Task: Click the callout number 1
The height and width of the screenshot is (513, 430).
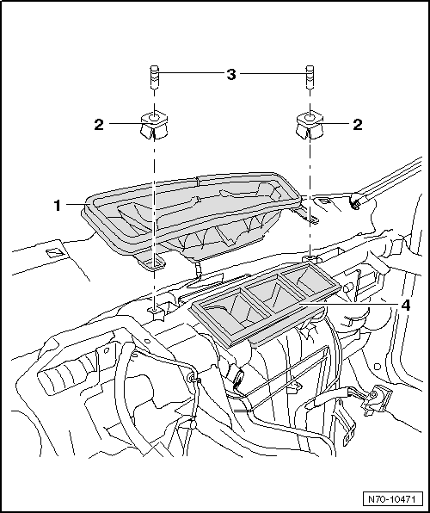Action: point(57,206)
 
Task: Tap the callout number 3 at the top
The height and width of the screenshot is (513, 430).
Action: point(230,75)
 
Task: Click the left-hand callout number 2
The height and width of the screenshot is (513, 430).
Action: point(99,125)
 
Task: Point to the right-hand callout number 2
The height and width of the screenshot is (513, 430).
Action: point(357,125)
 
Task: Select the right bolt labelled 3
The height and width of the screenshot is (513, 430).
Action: point(308,77)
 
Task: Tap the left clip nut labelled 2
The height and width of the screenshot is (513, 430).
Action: point(151,124)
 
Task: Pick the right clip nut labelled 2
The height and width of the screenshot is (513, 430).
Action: point(308,124)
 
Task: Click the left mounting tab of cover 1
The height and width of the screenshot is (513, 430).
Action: point(156,259)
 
